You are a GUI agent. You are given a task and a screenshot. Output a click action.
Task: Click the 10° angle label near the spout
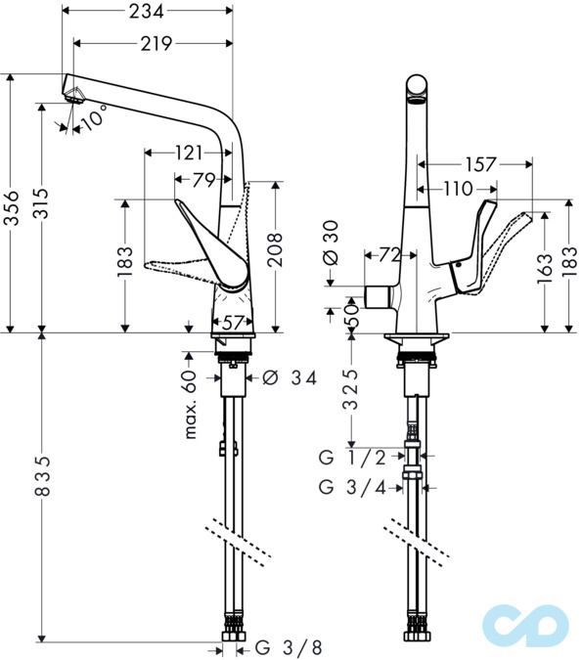coord(94,119)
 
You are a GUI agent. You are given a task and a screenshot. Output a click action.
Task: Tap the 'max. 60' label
coord(192,404)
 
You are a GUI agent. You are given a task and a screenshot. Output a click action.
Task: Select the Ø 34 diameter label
coord(288,377)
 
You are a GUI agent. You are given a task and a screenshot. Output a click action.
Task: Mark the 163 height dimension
coord(545,266)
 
